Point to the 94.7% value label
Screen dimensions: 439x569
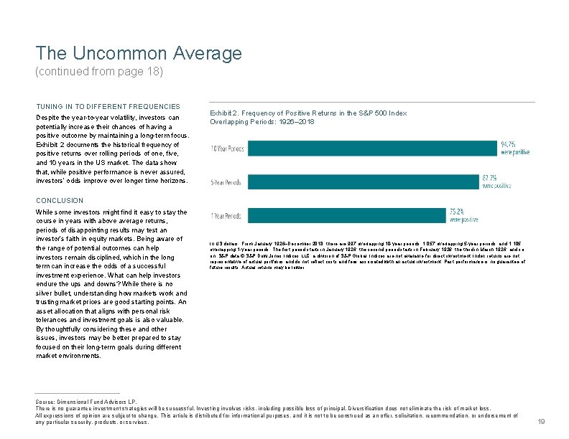click(x=509, y=143)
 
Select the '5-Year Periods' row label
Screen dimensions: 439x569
click(x=226, y=181)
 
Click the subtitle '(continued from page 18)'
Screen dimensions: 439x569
click(x=99, y=72)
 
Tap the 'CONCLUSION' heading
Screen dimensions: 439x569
click(x=60, y=200)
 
